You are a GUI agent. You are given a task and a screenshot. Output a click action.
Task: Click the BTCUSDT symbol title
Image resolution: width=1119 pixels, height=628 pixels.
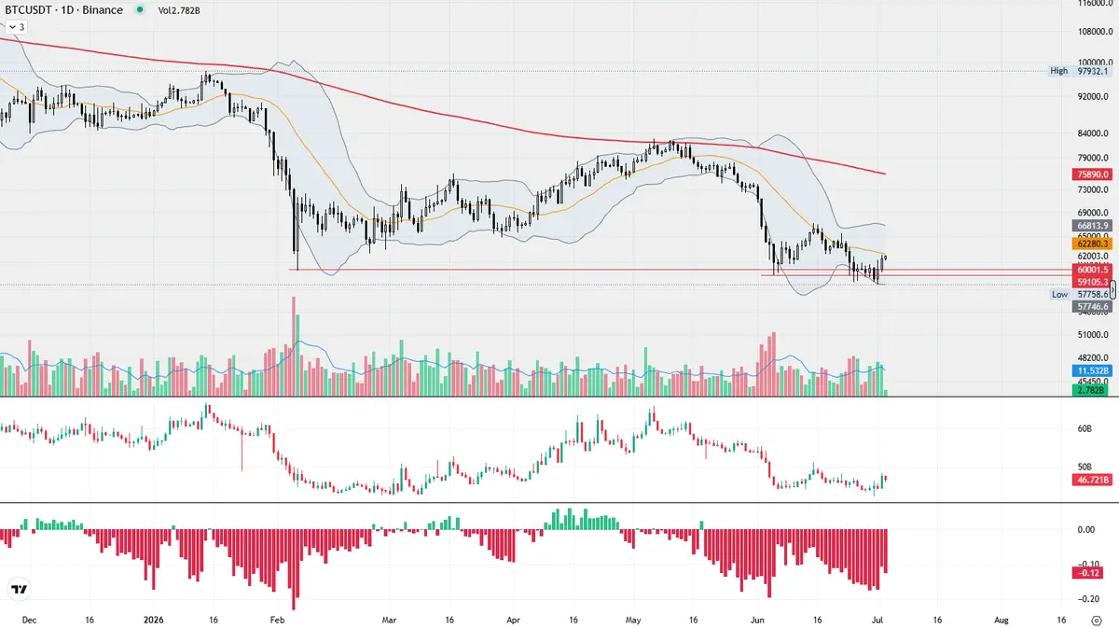coord(63,10)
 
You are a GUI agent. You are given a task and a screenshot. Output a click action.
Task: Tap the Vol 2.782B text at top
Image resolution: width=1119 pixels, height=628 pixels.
coord(179,10)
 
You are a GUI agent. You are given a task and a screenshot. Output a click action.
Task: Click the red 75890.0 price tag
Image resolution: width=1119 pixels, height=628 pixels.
coord(1093,174)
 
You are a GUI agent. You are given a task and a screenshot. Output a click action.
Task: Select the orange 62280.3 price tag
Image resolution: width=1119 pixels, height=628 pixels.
coord(1093,244)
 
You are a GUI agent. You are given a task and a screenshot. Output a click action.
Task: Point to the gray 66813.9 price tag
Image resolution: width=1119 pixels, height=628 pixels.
coord(1093,226)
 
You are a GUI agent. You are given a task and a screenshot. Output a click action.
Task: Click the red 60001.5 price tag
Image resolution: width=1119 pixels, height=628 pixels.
coord(1093,270)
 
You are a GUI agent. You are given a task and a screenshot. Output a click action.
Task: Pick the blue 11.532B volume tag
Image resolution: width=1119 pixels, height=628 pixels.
coord(1093,371)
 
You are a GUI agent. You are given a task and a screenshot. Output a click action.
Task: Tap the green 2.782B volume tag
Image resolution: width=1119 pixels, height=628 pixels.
coord(1093,390)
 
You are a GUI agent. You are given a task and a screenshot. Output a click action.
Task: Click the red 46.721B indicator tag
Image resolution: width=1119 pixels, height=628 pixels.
coord(1093,480)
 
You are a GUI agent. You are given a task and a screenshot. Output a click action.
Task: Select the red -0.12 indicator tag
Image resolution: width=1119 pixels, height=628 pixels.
coord(1093,573)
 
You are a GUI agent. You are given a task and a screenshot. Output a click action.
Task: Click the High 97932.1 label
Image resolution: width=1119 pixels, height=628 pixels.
coord(1080,71)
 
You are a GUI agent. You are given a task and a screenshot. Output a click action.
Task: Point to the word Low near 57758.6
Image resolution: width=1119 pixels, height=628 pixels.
coord(1059,295)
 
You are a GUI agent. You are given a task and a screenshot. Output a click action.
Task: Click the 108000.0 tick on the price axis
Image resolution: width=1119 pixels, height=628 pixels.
coord(1094,32)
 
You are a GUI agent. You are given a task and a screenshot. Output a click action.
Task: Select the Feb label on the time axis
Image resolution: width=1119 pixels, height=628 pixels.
coord(277,620)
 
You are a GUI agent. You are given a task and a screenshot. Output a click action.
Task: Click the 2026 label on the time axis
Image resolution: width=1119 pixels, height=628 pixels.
coord(153,620)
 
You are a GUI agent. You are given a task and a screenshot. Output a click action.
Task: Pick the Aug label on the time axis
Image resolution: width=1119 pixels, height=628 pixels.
coord(1002,620)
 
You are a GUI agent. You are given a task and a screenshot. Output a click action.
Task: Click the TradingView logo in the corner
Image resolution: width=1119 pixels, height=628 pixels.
coord(19,590)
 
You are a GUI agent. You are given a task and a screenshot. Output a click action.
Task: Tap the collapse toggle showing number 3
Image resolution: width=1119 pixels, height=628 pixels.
coord(17,27)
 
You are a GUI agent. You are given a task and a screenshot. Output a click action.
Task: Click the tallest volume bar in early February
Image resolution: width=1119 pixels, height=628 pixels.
coord(293,346)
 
